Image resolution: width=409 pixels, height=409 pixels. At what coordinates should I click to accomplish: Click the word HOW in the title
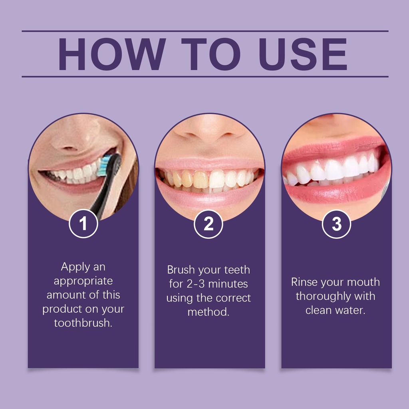[x=112, y=54]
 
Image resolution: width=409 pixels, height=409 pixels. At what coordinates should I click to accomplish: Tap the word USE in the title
[x=303, y=54]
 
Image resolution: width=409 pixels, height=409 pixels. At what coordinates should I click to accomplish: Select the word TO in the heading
[x=211, y=54]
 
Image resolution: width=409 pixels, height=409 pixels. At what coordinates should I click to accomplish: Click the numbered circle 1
[x=83, y=224]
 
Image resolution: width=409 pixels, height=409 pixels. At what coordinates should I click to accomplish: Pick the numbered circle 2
[x=208, y=224]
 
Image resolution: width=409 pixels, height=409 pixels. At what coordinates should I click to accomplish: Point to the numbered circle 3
[x=336, y=224]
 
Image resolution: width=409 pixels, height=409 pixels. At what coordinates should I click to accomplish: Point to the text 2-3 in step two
[x=196, y=284]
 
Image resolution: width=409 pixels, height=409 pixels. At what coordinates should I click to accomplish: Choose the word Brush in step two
[x=181, y=270]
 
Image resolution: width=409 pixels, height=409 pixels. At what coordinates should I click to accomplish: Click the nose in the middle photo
[x=208, y=128]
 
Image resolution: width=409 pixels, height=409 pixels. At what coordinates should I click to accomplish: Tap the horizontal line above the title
[x=205, y=31]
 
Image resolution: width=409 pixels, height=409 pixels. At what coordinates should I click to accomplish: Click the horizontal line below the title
[x=205, y=77]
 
